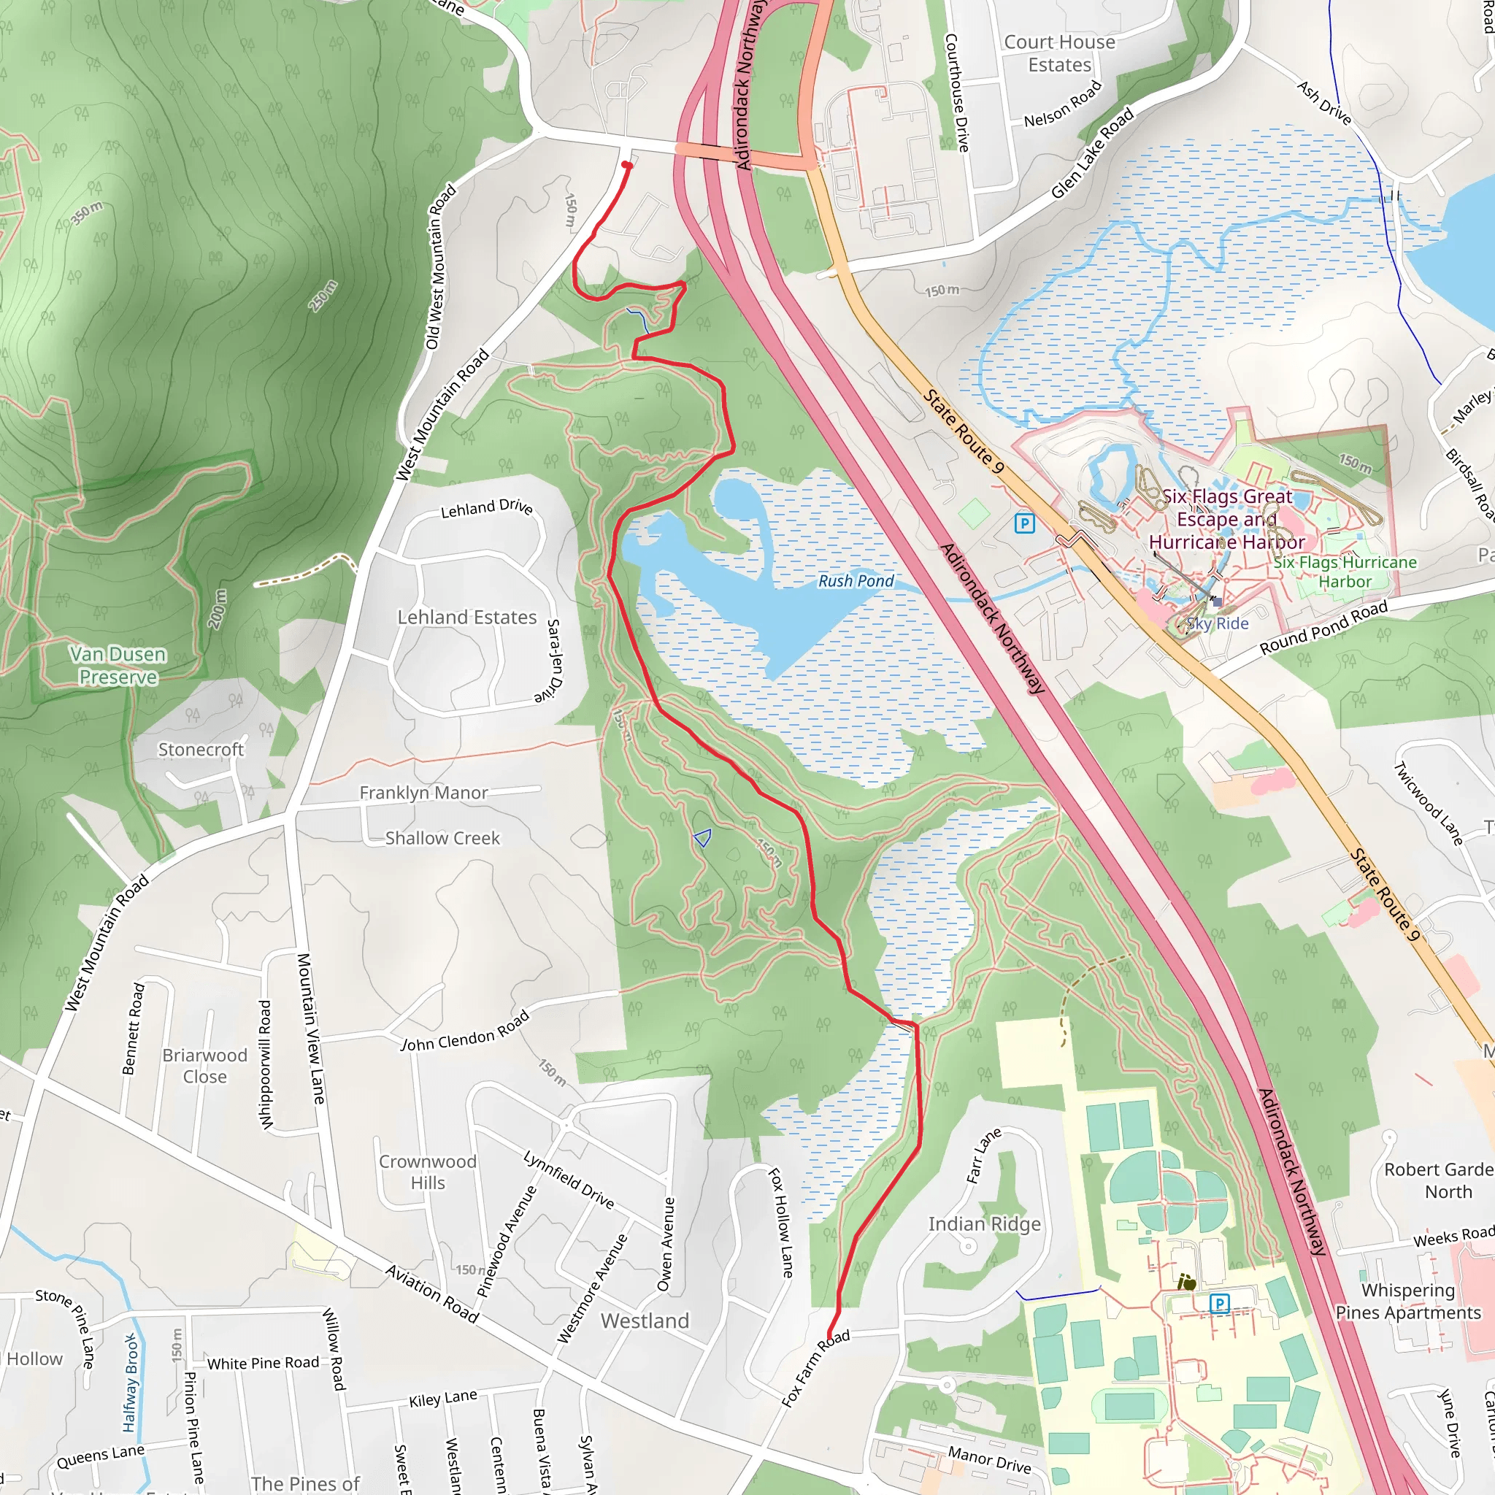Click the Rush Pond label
tap(855, 581)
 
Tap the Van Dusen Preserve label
tap(118, 666)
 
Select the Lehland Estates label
tap(466, 618)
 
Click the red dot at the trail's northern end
tap(627, 165)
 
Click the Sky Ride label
tap(1217, 623)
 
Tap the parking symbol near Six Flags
tap(1024, 524)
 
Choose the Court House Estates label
tap(1059, 53)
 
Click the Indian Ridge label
tap(984, 1224)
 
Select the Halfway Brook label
tap(130, 1382)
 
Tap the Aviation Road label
tap(432, 1294)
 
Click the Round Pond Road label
tap(1323, 629)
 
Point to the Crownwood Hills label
tap(427, 1172)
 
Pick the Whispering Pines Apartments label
tap(1407, 1302)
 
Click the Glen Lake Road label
tap(1092, 153)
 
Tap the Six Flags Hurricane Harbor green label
tap(1345, 572)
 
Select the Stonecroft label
tap(201, 750)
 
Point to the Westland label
tap(645, 1321)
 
